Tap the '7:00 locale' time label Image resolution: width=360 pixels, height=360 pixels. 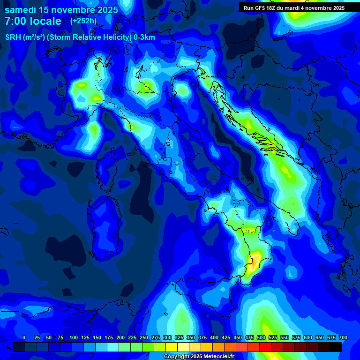(33, 21)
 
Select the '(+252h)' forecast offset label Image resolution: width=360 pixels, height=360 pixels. (83, 21)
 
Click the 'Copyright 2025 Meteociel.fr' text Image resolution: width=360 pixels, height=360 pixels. (199, 357)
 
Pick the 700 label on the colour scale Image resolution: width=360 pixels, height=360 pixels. (343, 337)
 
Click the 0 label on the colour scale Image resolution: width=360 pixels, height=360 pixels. (24, 337)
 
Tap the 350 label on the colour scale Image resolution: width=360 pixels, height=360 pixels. (191, 337)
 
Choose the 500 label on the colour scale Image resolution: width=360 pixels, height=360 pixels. (261, 337)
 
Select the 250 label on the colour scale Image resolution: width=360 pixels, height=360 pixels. (144, 337)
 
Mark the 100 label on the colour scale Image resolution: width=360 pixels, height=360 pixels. (74, 337)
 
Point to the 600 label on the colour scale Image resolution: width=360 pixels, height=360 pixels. (308, 337)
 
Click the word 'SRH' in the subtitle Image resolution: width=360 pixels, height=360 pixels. (13, 37)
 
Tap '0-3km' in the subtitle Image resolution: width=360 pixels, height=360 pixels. (144, 37)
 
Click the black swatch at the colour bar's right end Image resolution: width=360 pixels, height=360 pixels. (336, 347)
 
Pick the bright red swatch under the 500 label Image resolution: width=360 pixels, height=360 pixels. (265, 347)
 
